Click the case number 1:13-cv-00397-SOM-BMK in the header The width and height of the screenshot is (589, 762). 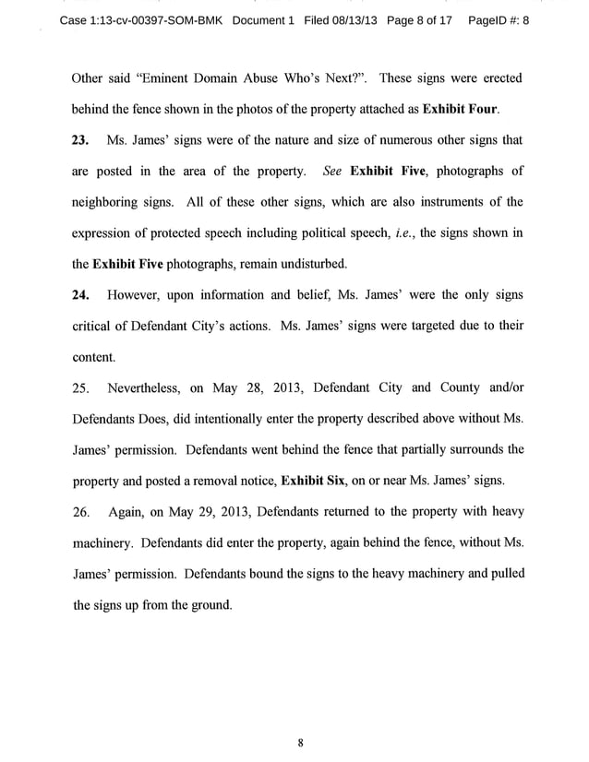140,20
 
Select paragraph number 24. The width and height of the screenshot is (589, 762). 82,295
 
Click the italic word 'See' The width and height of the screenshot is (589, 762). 333,172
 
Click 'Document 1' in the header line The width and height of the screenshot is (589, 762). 263,20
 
